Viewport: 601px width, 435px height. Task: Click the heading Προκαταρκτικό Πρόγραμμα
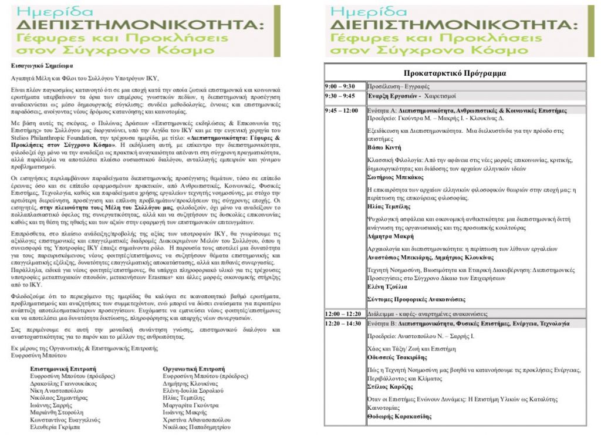click(x=455, y=73)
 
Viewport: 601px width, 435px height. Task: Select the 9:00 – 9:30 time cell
click(x=343, y=87)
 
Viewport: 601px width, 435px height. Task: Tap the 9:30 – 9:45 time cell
click(x=343, y=96)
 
